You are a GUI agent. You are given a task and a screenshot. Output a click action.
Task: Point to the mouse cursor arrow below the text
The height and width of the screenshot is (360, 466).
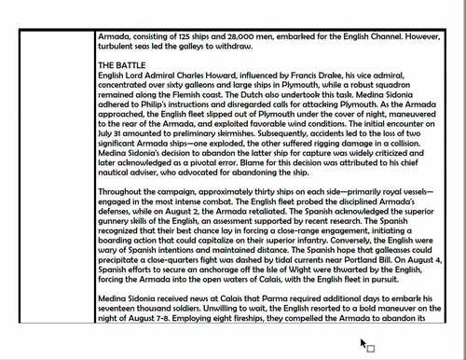coord(363,343)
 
